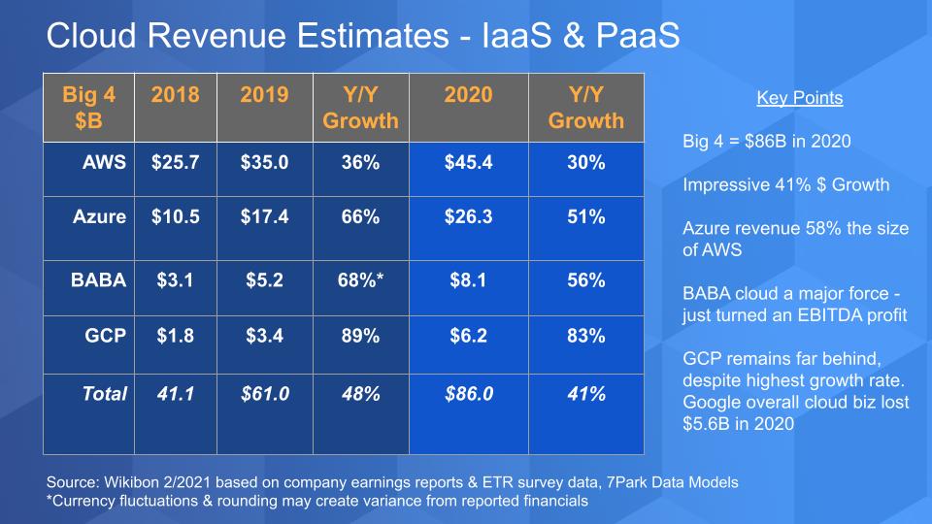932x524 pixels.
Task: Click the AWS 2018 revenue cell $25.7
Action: (x=176, y=163)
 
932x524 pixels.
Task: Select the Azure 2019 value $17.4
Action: (x=264, y=217)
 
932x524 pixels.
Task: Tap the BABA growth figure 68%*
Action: (x=360, y=280)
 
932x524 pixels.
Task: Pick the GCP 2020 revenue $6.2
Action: (x=468, y=337)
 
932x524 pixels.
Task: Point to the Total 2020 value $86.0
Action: (x=468, y=395)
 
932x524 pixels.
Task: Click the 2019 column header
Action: (x=264, y=95)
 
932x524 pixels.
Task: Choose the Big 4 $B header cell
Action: (x=88, y=108)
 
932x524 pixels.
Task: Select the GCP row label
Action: (x=105, y=337)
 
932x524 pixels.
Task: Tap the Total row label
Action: (x=103, y=395)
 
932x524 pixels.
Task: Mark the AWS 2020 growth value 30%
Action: (x=585, y=163)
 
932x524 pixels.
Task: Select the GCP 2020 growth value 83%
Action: (x=585, y=337)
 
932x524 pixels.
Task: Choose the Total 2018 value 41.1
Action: (x=176, y=395)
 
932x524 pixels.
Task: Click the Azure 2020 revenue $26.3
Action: (x=468, y=217)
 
